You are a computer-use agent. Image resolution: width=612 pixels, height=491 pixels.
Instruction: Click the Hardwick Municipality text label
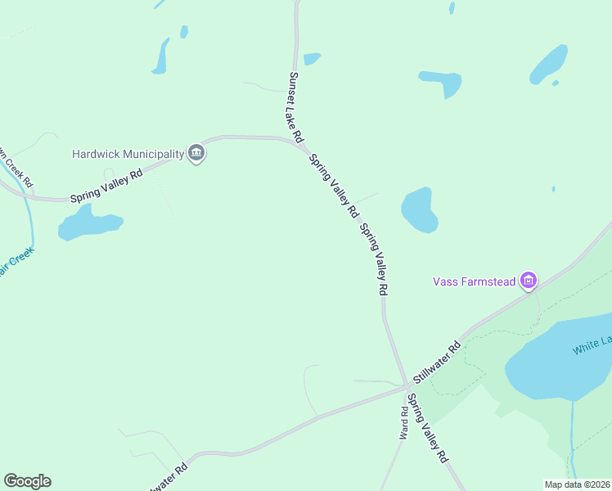click(x=128, y=153)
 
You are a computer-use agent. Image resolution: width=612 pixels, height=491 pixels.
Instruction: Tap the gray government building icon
click(x=196, y=153)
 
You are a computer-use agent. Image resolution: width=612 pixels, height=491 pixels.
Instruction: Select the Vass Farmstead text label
click(x=474, y=282)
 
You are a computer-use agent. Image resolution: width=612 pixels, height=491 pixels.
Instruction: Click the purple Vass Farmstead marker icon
click(x=529, y=282)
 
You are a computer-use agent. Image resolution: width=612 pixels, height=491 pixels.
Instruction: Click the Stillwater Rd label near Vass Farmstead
click(x=437, y=361)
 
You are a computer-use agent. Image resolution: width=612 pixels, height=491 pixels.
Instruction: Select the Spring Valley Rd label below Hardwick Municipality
click(x=106, y=187)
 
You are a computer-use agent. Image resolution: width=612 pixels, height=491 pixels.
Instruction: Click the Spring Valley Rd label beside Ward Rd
click(x=428, y=429)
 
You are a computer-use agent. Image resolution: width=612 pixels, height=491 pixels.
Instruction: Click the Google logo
click(x=27, y=481)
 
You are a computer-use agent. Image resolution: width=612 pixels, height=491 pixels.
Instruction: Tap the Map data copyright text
click(x=577, y=484)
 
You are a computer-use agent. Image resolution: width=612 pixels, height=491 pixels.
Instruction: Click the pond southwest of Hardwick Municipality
click(x=86, y=223)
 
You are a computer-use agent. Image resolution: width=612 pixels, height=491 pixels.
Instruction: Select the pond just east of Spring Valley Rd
click(x=419, y=209)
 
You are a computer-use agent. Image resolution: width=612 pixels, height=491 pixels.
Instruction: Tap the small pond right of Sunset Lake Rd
click(x=312, y=59)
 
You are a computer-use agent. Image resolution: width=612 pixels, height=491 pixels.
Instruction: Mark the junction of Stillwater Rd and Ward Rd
click(x=405, y=386)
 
